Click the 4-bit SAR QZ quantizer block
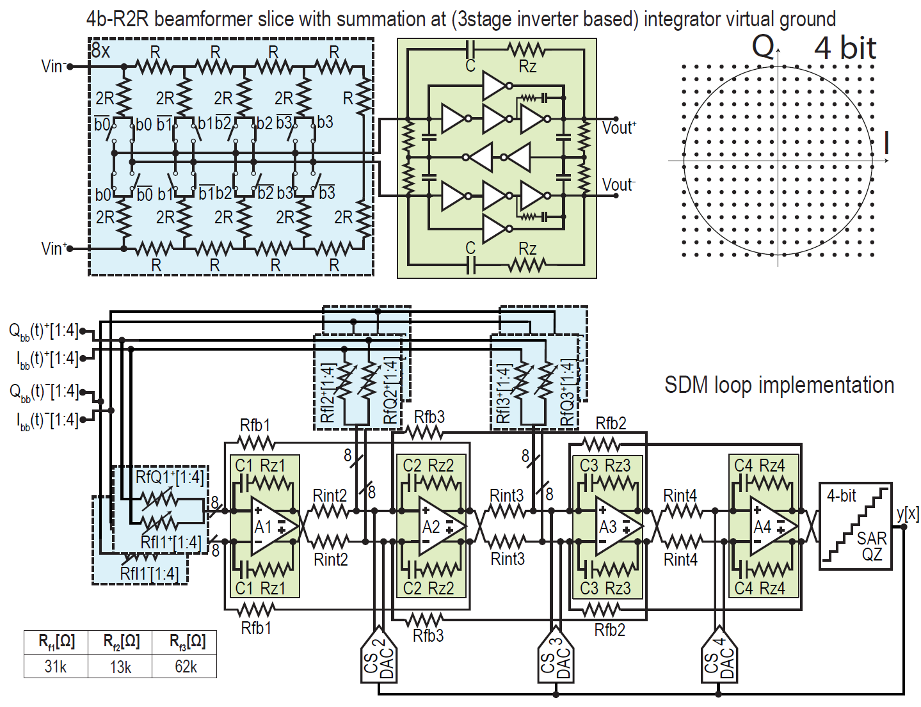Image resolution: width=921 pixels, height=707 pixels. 856,526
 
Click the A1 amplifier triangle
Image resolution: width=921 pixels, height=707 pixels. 272,527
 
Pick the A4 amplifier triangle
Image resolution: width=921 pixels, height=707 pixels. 772,527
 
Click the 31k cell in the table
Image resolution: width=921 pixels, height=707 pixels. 56,666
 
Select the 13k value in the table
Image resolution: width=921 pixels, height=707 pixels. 120,667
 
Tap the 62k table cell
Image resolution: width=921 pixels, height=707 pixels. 186,666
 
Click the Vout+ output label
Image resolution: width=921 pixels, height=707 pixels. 619,127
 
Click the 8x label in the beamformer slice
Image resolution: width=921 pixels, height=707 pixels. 100,50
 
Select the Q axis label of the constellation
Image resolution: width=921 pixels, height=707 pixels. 763,47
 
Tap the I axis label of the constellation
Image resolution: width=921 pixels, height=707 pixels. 886,144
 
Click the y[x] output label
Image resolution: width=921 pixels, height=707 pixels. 908,513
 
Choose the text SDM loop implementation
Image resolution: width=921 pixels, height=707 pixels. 779,385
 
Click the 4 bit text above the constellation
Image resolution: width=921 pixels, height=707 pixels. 844,48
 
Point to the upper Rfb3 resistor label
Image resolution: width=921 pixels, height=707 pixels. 429,417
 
